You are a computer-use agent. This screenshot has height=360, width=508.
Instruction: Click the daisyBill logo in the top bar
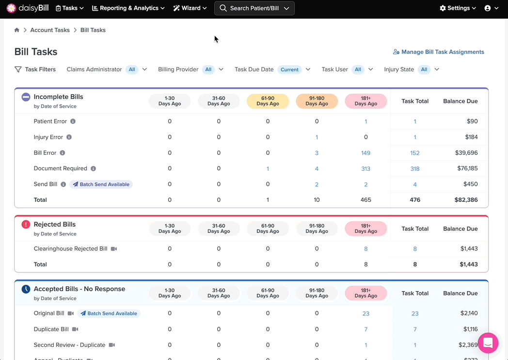point(28,8)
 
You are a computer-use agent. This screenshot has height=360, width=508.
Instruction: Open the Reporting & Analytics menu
point(128,8)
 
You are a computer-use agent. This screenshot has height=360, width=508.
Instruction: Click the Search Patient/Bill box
point(254,8)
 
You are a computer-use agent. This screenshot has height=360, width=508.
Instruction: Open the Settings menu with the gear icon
point(458,8)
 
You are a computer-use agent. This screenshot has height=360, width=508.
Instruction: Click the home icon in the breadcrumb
point(17,30)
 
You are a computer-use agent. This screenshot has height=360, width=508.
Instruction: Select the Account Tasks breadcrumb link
point(50,30)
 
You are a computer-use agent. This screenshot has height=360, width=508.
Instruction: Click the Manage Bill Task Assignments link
point(439,52)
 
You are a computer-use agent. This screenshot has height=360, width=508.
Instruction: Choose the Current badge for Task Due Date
point(289,69)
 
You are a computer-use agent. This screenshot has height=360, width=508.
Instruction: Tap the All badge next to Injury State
point(424,69)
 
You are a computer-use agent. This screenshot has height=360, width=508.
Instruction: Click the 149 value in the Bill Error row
point(366,153)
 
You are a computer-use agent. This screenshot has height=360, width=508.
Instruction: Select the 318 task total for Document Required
point(415,169)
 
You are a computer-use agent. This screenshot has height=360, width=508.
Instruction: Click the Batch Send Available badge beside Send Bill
point(101,184)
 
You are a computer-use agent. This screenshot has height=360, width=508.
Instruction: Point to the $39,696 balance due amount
point(466,153)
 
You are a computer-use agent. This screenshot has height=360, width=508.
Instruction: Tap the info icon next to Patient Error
point(73,121)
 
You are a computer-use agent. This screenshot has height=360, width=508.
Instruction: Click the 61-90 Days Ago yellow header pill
point(268,101)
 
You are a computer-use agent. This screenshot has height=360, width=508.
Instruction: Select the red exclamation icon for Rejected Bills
point(26,225)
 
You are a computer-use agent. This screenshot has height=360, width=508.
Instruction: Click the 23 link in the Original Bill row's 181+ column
point(366,313)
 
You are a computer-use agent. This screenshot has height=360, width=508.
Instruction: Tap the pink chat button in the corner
point(488,343)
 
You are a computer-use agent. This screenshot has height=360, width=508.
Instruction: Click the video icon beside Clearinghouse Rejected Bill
point(114,249)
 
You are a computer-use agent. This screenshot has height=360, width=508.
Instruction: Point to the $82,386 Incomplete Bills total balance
point(466,200)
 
